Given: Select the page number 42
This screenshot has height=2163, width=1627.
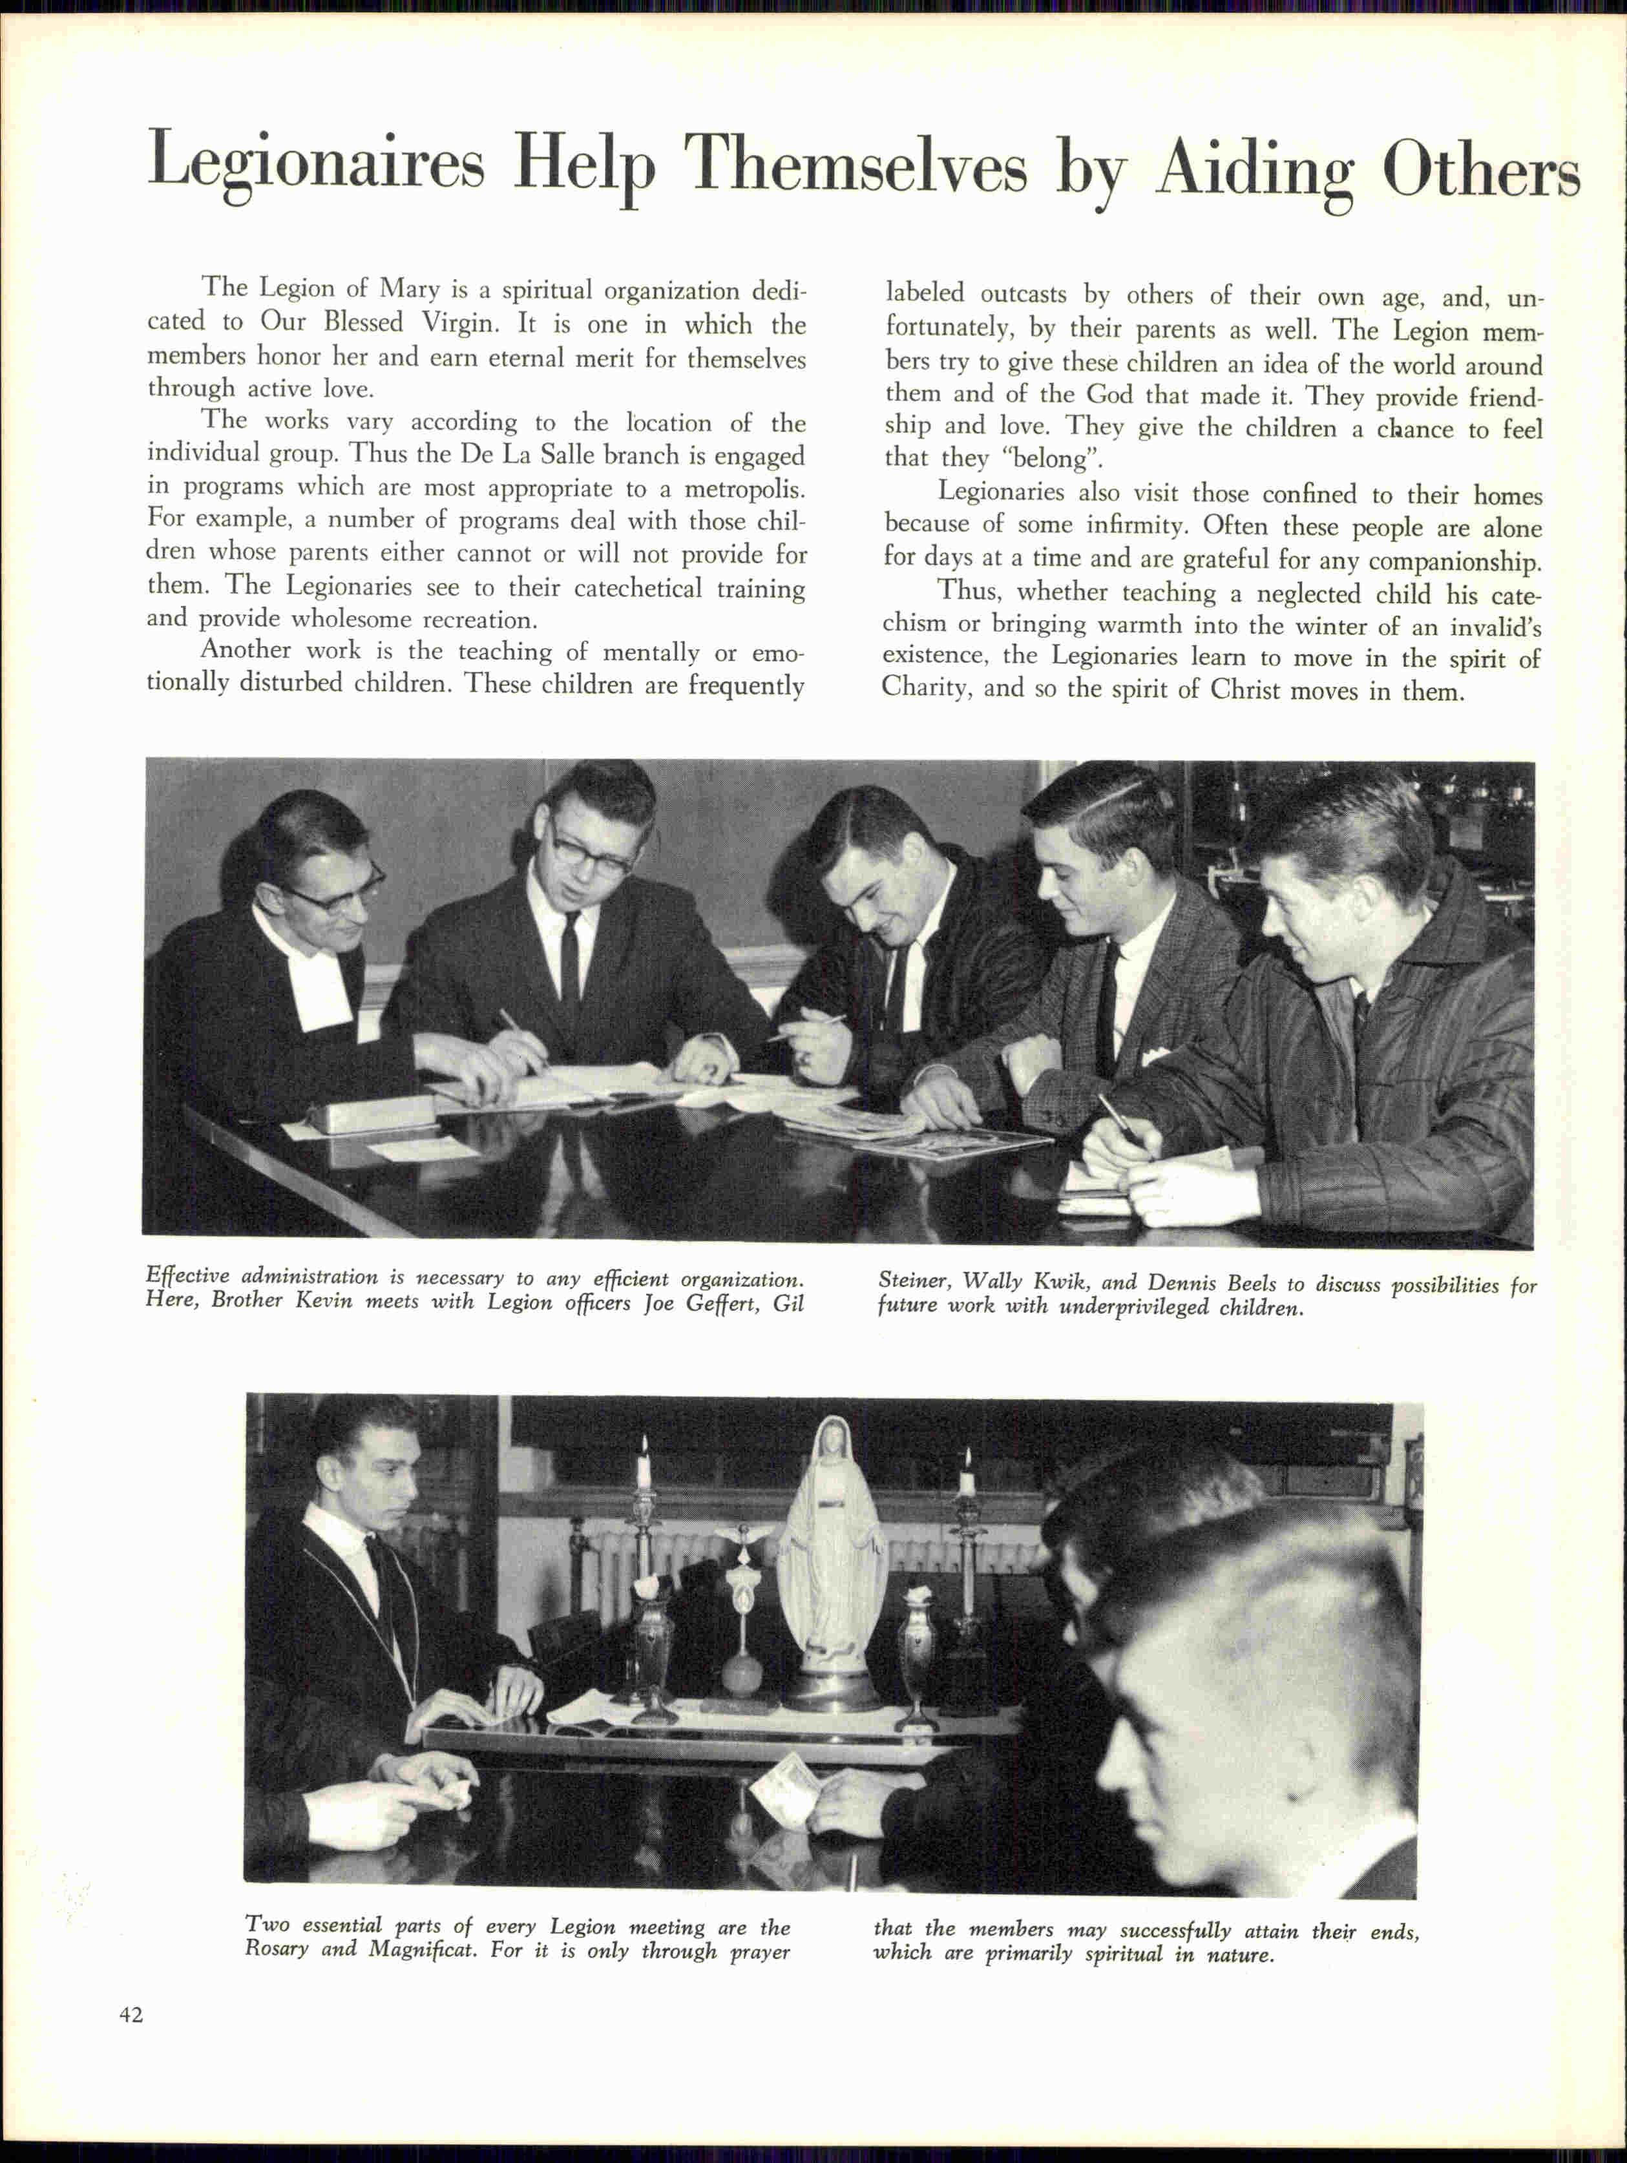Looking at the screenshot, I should point(131,2014).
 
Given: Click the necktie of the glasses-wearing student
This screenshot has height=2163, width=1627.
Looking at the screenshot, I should point(570,963).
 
